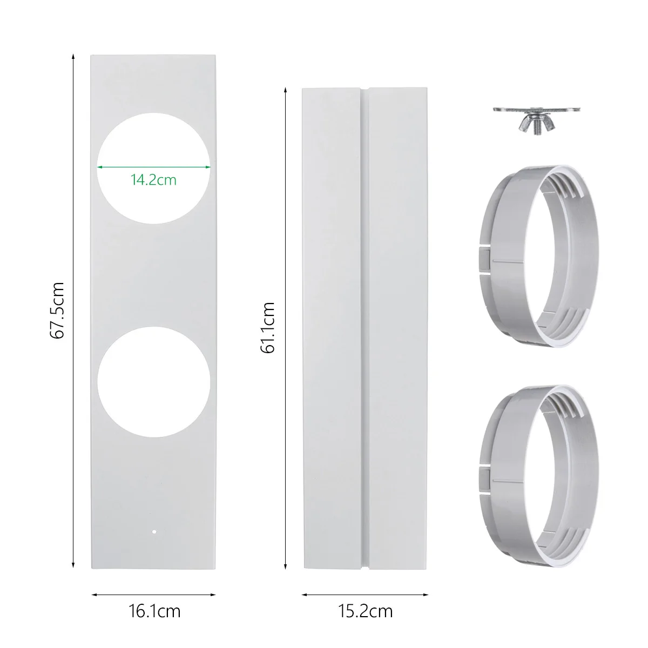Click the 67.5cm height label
click(57, 310)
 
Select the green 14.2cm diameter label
click(153, 180)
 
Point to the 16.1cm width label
click(154, 611)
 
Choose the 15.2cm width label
click(365, 611)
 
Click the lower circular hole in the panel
click(154, 382)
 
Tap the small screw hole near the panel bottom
click(154, 532)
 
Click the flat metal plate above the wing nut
click(537, 110)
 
